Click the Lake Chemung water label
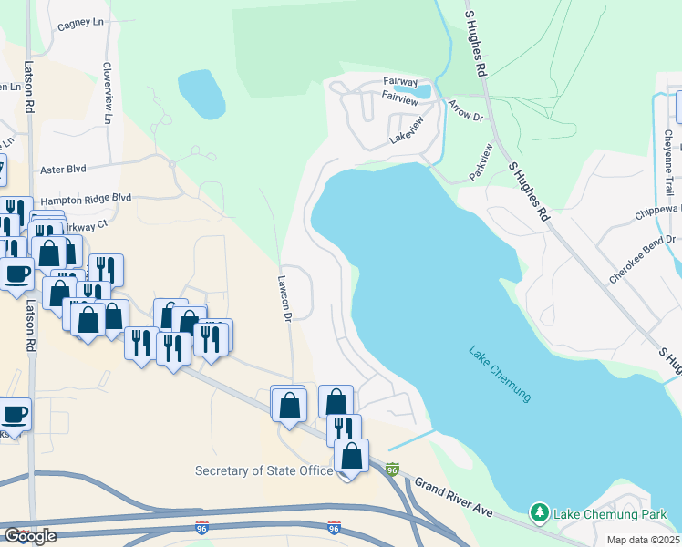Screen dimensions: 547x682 (x=500, y=374)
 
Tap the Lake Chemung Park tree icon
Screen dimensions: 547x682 (x=540, y=514)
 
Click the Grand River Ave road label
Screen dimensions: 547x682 (x=453, y=497)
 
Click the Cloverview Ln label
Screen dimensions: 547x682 (x=108, y=94)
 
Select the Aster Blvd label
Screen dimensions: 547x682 (x=63, y=170)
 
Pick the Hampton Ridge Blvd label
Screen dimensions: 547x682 (x=87, y=197)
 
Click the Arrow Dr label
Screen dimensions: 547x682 (x=465, y=114)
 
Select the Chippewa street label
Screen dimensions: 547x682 (x=657, y=213)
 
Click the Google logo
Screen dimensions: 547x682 (x=30, y=536)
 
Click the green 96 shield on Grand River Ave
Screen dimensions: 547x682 (x=392, y=470)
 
